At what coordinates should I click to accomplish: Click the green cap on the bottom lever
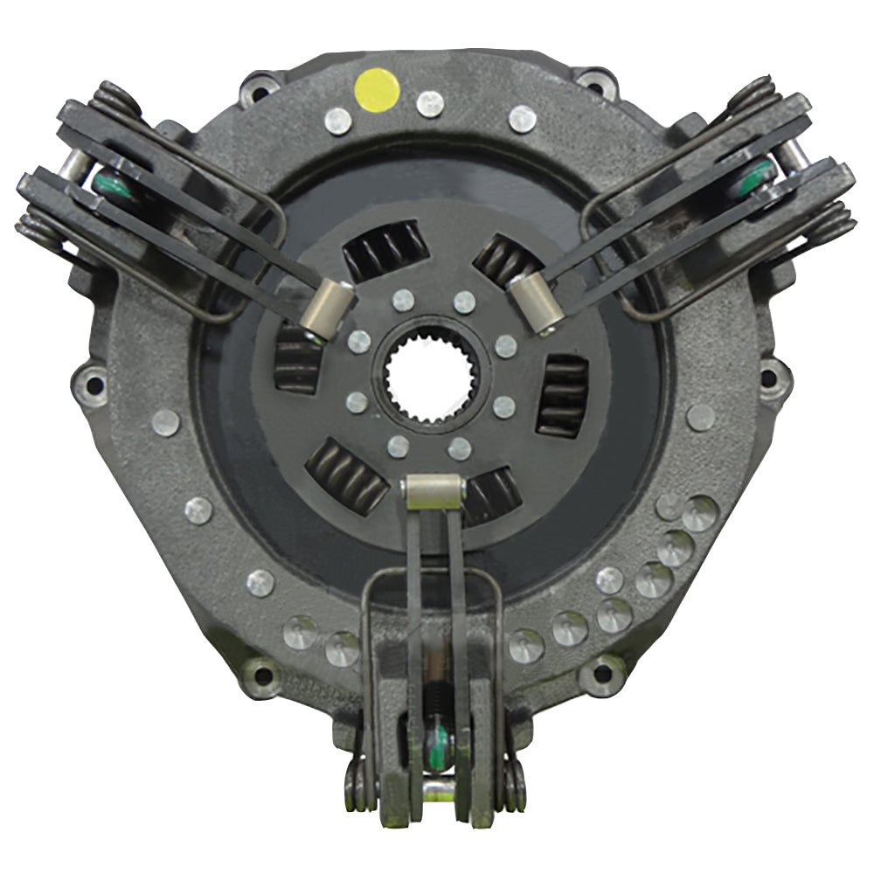438,747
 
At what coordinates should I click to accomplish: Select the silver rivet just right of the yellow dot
430,104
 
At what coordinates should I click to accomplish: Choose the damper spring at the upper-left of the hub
385,248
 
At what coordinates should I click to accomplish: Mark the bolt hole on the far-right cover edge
770,378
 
